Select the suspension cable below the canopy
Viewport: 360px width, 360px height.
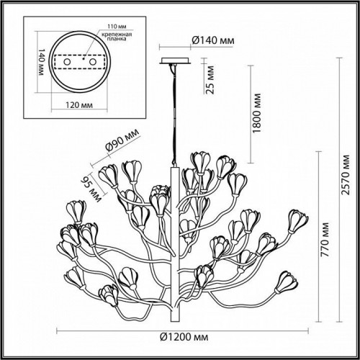173,115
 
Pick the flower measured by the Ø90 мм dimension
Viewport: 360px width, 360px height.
109,175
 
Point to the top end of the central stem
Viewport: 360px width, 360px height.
173,166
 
